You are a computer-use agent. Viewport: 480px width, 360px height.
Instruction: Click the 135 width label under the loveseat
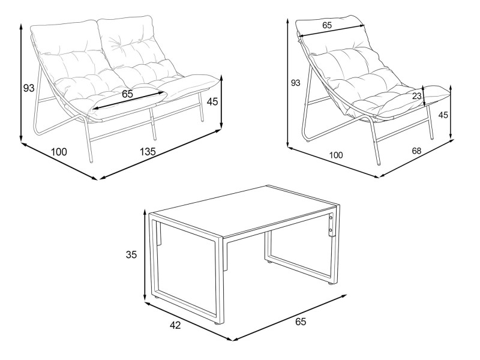148,151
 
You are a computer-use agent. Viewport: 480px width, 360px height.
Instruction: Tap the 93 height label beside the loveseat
29,88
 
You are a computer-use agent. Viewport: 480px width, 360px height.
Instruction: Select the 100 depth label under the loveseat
59,152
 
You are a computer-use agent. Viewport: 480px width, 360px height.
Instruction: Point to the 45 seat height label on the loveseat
212,101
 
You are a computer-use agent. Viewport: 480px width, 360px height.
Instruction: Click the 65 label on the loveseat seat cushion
127,94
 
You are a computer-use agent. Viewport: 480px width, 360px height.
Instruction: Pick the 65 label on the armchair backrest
327,25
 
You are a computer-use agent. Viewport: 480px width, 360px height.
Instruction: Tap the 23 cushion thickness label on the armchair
416,96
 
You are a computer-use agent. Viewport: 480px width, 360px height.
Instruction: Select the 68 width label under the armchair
416,151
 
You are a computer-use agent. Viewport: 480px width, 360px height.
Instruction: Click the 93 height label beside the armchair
295,83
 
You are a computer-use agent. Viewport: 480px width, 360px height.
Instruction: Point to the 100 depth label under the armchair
336,155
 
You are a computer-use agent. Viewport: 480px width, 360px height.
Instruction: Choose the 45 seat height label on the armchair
443,115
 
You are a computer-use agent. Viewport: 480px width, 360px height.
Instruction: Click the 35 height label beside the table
131,254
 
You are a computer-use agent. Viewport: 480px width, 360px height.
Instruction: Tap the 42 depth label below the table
175,325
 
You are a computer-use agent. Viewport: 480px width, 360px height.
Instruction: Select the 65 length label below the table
301,322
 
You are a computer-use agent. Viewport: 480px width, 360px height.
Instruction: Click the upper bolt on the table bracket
331,218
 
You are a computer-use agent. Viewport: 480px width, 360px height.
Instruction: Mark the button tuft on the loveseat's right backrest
117,40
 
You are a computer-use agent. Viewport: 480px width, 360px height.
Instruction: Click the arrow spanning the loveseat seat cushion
128,99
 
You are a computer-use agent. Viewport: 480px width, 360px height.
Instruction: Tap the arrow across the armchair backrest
332,31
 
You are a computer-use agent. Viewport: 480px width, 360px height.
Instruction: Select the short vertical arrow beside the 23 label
424,96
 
